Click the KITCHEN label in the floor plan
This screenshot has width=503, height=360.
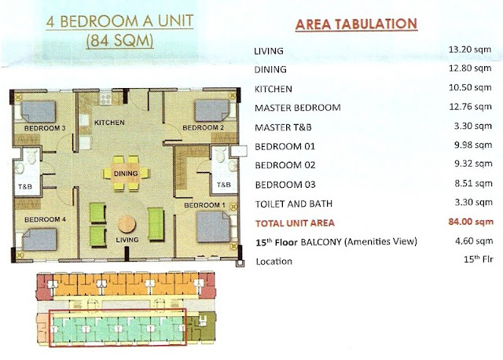point(109,123)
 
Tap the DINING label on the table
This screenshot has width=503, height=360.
point(126,174)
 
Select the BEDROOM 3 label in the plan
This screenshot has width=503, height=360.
point(45,128)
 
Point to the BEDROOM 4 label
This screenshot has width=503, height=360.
point(46,219)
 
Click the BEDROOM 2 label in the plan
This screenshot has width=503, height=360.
point(204,127)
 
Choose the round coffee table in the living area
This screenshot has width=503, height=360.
point(127,224)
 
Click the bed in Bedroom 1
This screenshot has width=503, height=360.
point(214,226)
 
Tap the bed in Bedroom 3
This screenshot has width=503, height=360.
point(39,112)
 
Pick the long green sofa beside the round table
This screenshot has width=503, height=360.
point(156,224)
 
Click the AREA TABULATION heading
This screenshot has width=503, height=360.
point(356,24)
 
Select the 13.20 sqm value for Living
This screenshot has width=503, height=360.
point(470,50)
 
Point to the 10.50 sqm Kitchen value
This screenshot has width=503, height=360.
point(470,87)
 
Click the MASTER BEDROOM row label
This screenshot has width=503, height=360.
point(297,108)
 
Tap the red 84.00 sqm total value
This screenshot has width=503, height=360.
point(471,222)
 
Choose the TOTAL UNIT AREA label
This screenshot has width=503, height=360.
point(295,223)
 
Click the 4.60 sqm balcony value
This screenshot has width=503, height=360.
point(474,241)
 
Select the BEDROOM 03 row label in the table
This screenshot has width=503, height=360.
point(285,185)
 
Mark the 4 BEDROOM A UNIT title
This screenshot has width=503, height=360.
point(119,21)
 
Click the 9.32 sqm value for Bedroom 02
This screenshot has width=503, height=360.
point(473,163)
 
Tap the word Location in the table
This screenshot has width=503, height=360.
point(274,262)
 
